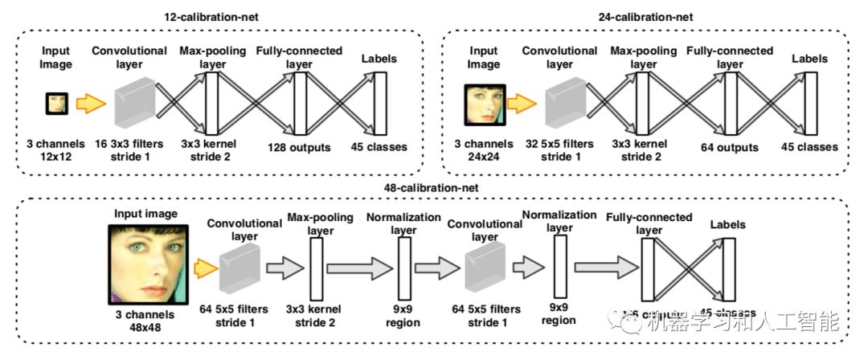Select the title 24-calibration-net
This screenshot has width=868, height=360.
coord(645,17)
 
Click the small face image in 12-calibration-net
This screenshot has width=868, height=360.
coord(55,103)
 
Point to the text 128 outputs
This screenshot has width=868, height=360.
coord(300,147)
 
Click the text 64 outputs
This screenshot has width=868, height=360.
coord(730,147)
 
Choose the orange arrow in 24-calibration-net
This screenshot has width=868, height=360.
coord(522,104)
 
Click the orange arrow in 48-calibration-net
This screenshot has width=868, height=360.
coord(204,266)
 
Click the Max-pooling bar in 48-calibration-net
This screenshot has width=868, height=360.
coord(315,268)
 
